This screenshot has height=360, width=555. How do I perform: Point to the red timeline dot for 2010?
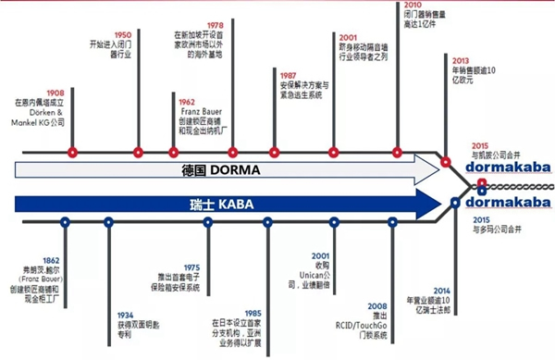[399, 152]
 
